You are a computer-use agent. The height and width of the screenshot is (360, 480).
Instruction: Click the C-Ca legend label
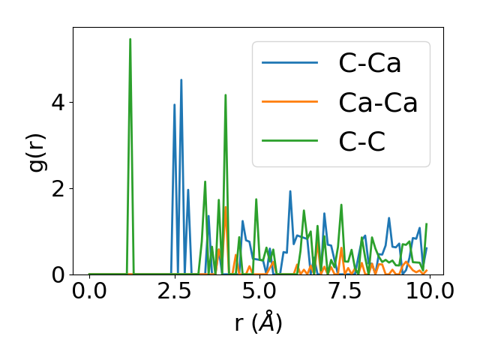coord(370,63)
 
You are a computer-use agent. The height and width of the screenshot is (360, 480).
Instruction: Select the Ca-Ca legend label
coord(378,103)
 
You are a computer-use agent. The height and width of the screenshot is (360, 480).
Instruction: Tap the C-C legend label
coord(361,142)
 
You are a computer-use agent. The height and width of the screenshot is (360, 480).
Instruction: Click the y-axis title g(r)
coord(37,151)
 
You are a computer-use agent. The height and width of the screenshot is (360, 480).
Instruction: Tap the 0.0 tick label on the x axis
coord(89,291)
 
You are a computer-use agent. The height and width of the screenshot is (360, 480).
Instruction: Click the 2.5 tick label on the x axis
coord(174,291)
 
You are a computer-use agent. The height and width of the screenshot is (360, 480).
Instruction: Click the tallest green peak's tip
coord(130,39)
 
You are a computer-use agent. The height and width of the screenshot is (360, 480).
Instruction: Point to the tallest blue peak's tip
coord(181,79)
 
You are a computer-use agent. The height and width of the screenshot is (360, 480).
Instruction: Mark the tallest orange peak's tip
coord(225,207)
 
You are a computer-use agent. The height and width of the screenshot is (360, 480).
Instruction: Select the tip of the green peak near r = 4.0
coord(225,94)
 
